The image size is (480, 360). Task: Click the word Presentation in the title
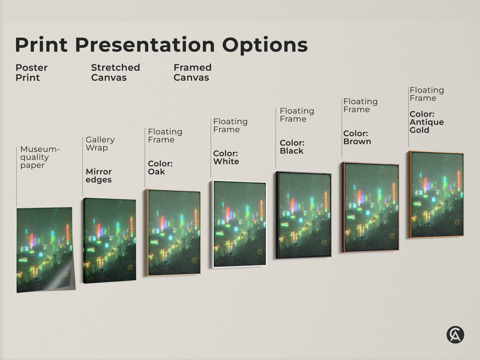tap(145, 45)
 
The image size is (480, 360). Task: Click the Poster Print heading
tap(31, 72)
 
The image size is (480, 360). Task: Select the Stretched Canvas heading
tap(115, 72)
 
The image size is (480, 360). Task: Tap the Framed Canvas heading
tap(192, 72)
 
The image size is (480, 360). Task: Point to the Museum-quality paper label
tap(40, 157)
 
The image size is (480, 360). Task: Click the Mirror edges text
tap(99, 176)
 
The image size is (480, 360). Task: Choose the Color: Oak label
tap(160, 168)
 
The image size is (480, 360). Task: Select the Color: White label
tap(226, 157)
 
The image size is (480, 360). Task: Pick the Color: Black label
tap(292, 147)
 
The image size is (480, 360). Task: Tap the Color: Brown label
tap(357, 137)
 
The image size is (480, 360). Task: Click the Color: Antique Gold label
tap(427, 122)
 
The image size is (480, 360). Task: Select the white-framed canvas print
tap(239, 224)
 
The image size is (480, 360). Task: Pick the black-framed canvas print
tap(304, 215)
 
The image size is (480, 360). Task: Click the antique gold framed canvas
tap(436, 195)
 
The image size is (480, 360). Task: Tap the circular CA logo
tap(455, 334)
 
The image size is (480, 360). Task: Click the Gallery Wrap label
tap(100, 144)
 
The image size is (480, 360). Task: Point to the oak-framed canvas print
tap(173, 232)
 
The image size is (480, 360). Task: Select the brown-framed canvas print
tap(371, 207)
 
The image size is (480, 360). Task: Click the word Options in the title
tap(265, 45)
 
